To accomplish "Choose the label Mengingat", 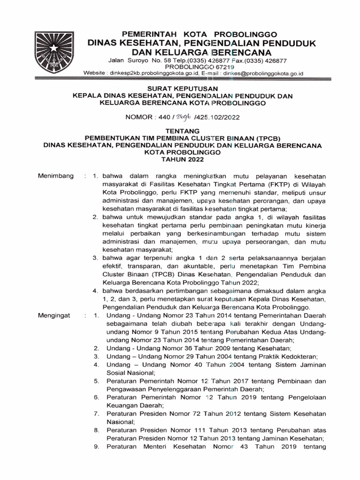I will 55,315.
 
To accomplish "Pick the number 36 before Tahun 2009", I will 179,348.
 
